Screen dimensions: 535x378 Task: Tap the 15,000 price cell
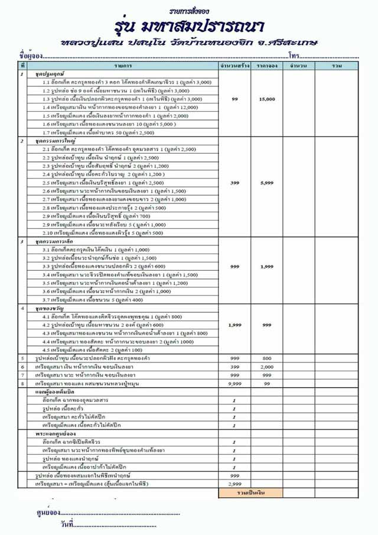pos(266,99)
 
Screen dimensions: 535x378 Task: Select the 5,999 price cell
pos(266,183)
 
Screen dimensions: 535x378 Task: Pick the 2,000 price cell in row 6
pos(266,367)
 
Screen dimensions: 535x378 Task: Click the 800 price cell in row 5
pos(266,358)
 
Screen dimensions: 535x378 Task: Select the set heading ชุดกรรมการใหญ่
pos(53,142)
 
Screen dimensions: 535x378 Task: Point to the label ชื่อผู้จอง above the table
pos(30,54)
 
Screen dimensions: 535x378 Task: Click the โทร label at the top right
pos(294,54)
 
